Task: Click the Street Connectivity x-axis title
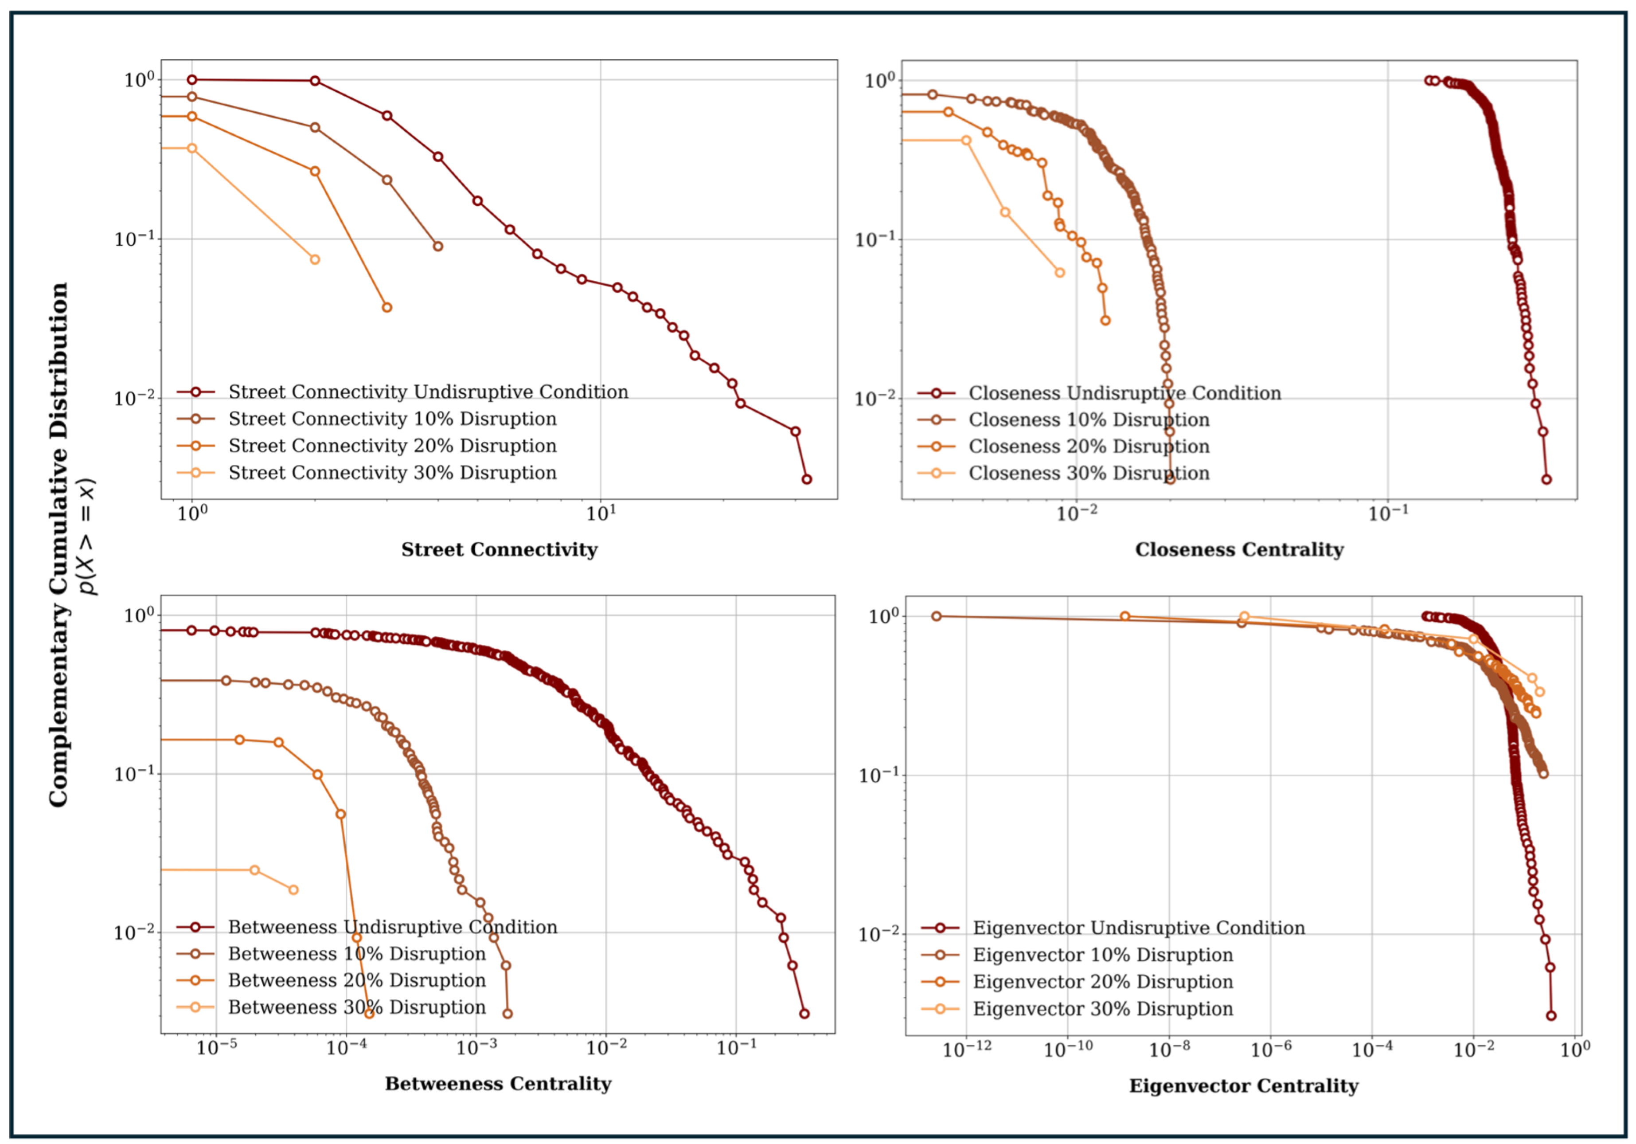[x=499, y=549]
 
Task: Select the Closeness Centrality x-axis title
[x=1239, y=549]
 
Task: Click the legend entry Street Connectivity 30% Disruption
[x=392, y=473]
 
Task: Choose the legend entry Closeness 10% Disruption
[x=1088, y=420]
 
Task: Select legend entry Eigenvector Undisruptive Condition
[x=1139, y=928]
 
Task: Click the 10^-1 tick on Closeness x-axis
[x=1388, y=513]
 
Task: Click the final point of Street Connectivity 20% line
[x=387, y=308]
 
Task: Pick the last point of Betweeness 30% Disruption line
[x=293, y=889]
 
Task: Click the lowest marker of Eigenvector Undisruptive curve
[x=1550, y=1016]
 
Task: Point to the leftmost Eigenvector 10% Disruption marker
[x=937, y=616]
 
